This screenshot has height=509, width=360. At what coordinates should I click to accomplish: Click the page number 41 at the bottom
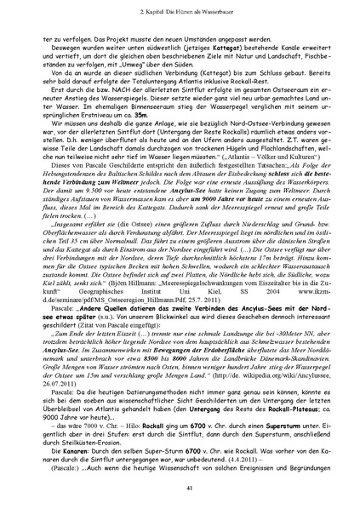point(180,487)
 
